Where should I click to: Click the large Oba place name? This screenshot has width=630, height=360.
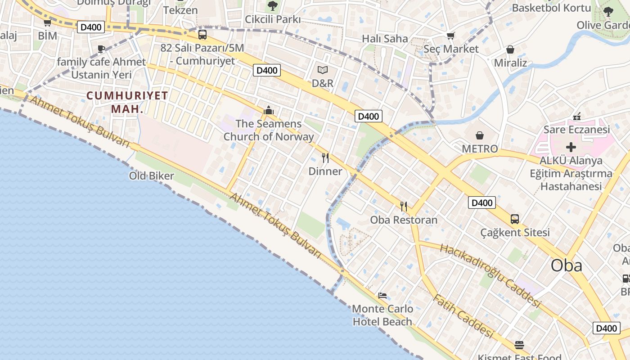point(566,265)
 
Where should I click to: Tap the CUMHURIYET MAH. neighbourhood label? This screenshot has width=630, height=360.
point(127,102)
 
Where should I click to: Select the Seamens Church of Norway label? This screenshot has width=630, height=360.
point(269,130)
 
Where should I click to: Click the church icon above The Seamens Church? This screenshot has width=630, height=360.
point(269,110)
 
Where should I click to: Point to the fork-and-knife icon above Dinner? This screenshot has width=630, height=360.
point(325,158)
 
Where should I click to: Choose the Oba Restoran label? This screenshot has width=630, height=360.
point(404,220)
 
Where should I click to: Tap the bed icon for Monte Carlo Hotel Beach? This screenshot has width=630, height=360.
point(382,296)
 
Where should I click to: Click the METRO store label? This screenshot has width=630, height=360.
point(480,148)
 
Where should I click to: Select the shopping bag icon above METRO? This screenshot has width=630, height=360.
point(480,135)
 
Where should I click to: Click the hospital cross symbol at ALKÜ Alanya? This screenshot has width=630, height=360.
point(571,147)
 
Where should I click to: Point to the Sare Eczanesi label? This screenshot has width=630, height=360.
point(576,130)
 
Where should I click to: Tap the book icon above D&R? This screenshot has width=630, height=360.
point(323,70)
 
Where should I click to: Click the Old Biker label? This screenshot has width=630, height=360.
point(151,175)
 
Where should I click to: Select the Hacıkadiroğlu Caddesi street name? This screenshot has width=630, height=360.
point(490,275)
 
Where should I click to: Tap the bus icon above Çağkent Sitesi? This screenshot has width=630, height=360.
point(515,219)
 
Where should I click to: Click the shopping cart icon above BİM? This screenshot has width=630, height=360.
point(47,22)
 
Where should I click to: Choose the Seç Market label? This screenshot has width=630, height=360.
point(451,49)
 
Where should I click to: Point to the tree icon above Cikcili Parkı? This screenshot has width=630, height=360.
point(272,6)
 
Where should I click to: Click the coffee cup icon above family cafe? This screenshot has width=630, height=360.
point(101,49)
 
